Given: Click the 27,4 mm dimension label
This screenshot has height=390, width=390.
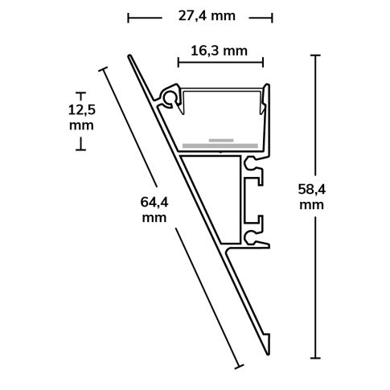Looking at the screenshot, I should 199,16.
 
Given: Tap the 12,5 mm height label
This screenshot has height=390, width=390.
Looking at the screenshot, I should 81,117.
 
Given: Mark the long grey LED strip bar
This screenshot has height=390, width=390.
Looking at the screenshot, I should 220,146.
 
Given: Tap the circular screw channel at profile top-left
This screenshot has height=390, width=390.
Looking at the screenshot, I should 170,98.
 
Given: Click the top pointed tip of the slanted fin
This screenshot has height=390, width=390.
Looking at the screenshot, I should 129,55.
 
